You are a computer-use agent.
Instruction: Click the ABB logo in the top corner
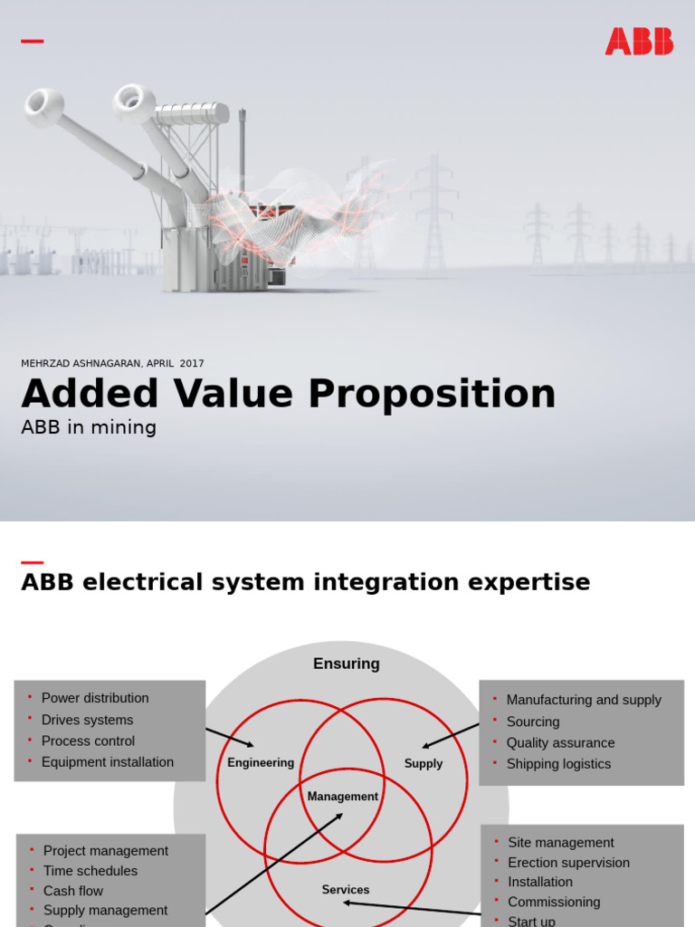[639, 42]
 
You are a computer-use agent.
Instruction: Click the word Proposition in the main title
[432, 395]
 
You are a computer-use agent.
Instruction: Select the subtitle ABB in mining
[89, 427]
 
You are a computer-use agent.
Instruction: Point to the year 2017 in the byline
[192, 363]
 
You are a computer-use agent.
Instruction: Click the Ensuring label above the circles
[346, 664]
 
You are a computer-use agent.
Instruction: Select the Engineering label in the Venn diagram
[261, 763]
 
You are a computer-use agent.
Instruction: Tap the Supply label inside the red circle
[424, 764]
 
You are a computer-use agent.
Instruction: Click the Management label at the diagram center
[343, 797]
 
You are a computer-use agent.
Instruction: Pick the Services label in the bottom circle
[346, 890]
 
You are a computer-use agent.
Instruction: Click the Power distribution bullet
[95, 698]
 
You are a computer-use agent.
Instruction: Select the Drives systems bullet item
[87, 720]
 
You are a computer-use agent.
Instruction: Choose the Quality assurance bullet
[560, 742]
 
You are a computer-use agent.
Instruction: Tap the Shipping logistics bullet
[558, 764]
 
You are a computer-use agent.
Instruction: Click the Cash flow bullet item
[73, 891]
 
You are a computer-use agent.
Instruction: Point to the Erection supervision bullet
[568, 863]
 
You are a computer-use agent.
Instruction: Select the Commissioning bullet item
[554, 902]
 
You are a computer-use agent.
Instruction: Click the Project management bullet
[106, 851]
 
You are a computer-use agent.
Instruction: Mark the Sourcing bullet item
[533, 722]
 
